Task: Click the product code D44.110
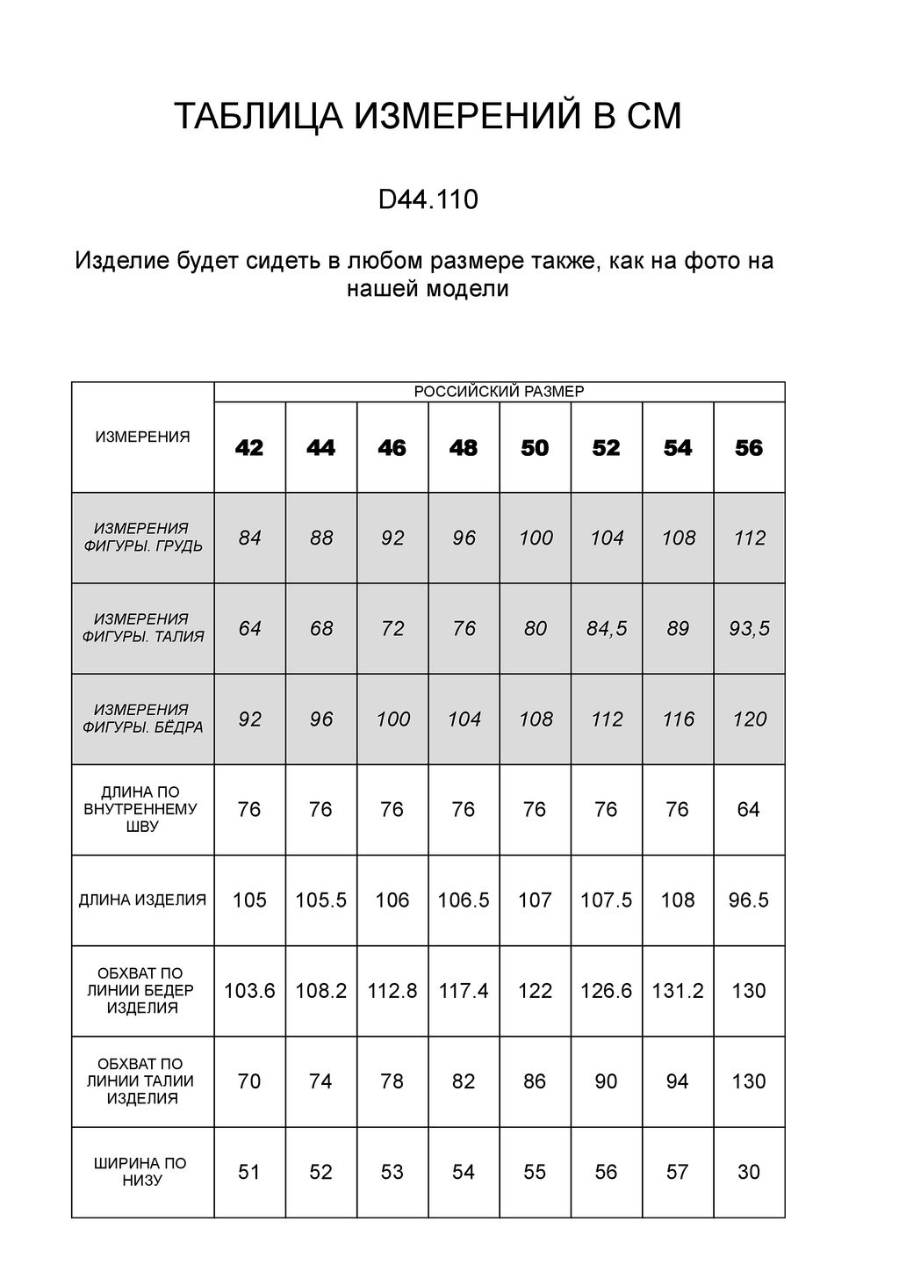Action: tap(428, 200)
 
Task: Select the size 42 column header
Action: tap(249, 448)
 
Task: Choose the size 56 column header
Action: tap(749, 448)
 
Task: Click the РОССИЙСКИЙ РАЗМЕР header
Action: tap(499, 392)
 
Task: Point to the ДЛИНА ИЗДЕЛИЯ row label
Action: tap(142, 900)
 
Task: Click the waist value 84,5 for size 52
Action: tap(607, 629)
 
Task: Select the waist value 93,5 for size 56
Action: tap(750, 629)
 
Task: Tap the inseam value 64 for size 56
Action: tap(749, 809)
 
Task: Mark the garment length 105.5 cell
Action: tap(320, 900)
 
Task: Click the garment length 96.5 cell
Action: tap(749, 900)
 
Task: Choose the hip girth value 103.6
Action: tap(249, 991)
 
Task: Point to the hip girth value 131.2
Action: tap(678, 991)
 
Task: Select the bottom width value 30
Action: tap(749, 1172)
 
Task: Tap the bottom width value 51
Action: tap(249, 1172)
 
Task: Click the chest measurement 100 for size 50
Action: tap(536, 538)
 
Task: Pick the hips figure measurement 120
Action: tap(750, 719)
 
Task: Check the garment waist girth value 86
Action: tap(535, 1081)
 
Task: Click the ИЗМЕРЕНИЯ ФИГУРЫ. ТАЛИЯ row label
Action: tap(142, 628)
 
